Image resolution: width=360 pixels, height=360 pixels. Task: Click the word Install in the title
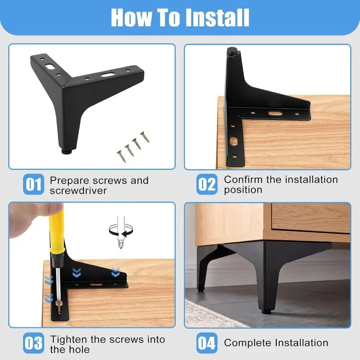pos(217,18)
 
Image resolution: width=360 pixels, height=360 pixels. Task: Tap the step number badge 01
pos(33,184)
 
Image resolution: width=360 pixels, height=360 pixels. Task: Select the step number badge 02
pos(207,184)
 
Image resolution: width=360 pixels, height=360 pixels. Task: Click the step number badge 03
pos(33,343)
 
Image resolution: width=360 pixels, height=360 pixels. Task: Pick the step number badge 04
pos(207,343)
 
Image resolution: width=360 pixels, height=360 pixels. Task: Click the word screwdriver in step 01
pos(78,190)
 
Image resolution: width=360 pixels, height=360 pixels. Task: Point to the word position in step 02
pos(243,190)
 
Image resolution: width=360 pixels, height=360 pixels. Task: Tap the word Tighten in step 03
pos(69,339)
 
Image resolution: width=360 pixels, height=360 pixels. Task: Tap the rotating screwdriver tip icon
pos(121,232)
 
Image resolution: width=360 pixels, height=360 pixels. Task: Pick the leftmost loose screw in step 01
pos(121,156)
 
